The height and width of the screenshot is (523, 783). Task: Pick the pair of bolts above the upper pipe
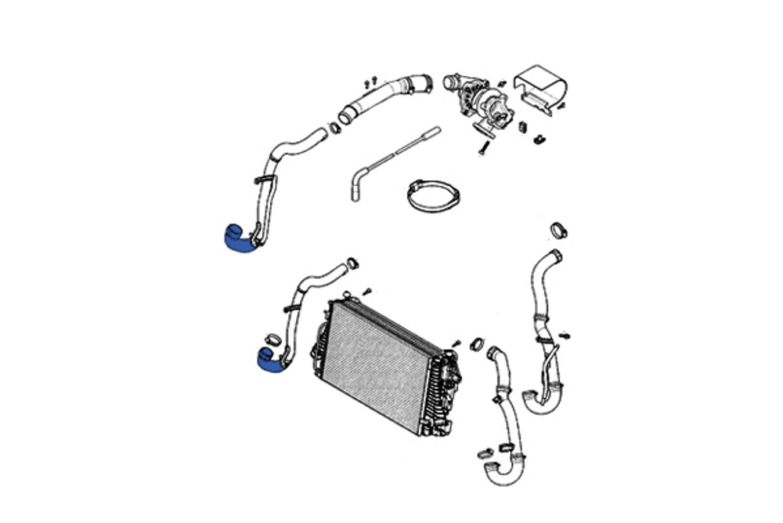(x=370, y=81)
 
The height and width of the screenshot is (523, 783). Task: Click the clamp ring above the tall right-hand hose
(x=558, y=230)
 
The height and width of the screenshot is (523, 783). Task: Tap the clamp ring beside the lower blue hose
(x=273, y=340)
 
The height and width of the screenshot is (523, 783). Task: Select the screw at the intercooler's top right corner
(x=455, y=343)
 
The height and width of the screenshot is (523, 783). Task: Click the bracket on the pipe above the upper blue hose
(x=266, y=181)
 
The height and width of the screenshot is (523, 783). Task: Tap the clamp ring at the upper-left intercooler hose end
(x=352, y=263)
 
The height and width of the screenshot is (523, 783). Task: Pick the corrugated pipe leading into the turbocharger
(x=384, y=96)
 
